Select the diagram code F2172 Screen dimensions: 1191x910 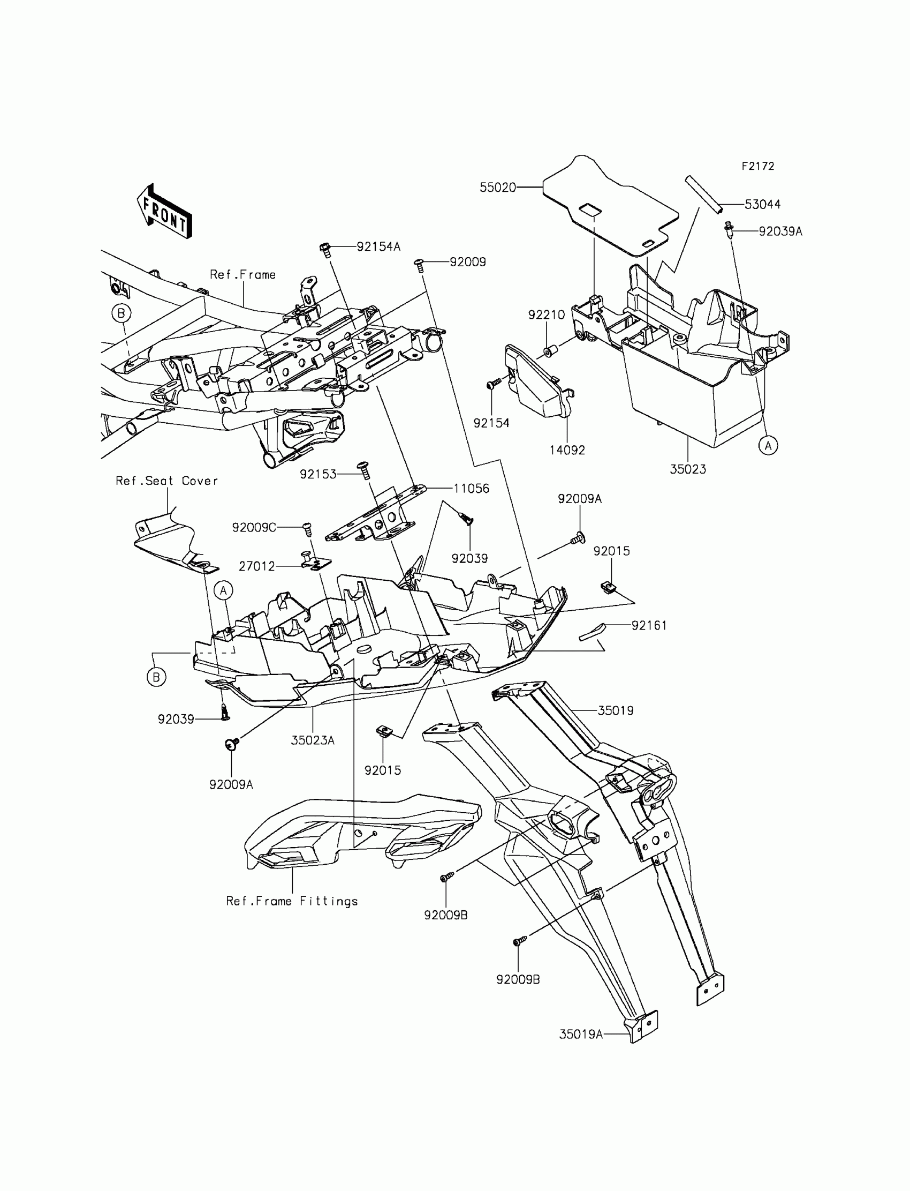coord(758,167)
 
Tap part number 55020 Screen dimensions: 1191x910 coord(497,188)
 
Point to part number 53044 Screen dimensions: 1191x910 coord(762,204)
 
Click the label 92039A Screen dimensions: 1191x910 coord(780,231)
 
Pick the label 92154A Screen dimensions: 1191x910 coord(378,247)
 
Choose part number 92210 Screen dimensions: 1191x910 coord(546,315)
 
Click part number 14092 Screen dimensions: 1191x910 coord(566,450)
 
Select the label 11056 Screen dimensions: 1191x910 coord(471,489)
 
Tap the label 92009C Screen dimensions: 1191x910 coord(254,528)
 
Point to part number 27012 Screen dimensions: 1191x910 coord(257,566)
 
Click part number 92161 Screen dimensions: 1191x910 coord(649,626)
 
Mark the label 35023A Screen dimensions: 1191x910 coord(313,740)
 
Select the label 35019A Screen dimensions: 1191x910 coord(581,1035)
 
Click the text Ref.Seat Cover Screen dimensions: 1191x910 coord(167,481)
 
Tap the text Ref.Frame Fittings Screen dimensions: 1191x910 coord(292,901)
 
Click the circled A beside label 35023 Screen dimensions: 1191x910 coord(768,446)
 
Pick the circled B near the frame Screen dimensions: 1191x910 coord(122,313)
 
